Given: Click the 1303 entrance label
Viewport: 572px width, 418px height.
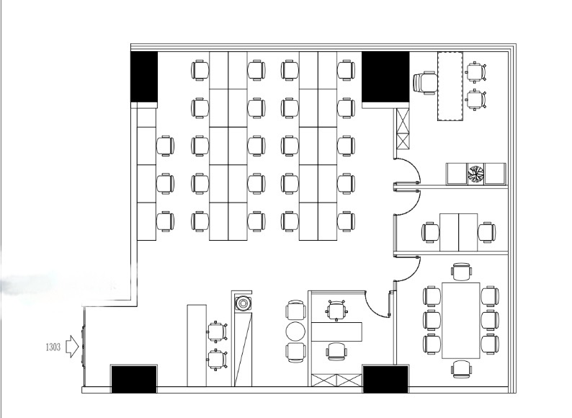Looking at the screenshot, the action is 53,347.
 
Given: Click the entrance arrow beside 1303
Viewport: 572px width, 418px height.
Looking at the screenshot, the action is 72,347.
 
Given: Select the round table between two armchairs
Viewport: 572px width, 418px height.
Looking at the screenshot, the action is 295,332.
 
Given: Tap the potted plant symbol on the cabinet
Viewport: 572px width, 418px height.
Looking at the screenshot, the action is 475,174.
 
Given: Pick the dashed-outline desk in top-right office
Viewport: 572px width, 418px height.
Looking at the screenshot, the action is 450,86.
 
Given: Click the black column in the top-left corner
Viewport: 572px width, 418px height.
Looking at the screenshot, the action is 144,76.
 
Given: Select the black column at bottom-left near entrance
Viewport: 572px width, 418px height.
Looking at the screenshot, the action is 134,379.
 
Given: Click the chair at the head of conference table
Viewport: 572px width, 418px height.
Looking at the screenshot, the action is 461,272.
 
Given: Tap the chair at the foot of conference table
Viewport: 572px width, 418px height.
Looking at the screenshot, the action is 461,369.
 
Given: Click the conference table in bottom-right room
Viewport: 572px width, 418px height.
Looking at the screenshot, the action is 461,321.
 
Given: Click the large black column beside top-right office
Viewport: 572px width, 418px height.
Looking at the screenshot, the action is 385,77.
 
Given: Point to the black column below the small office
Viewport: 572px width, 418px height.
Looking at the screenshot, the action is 385,379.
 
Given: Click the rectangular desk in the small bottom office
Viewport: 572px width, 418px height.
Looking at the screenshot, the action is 336,332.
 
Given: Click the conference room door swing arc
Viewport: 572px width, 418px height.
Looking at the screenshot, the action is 411,272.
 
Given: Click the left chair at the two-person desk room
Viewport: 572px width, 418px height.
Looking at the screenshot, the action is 431,232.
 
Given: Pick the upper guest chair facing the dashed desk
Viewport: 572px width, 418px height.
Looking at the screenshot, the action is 476,71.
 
